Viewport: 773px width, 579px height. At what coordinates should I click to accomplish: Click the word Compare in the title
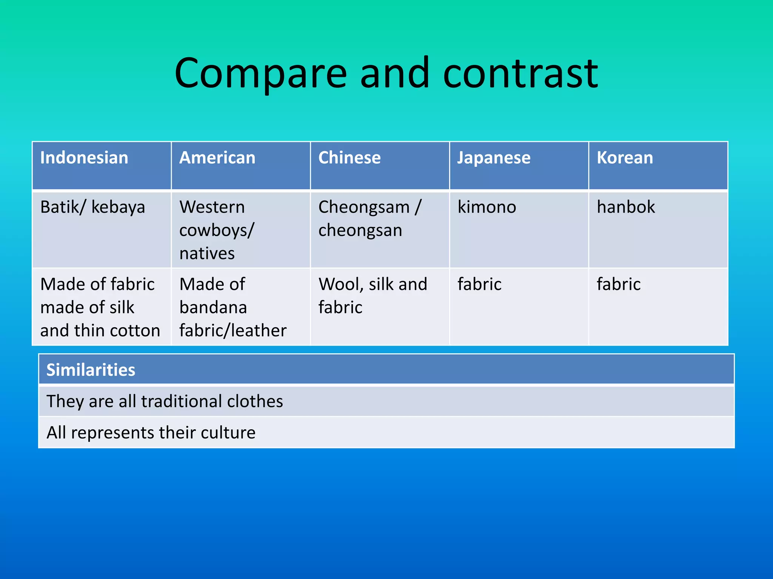point(260,74)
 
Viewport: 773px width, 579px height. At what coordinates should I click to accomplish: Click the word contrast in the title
point(520,74)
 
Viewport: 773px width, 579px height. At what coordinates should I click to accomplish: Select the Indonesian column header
point(84,158)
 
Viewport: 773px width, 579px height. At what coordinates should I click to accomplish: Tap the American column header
point(217,158)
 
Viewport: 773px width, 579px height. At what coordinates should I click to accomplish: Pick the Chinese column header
point(350,158)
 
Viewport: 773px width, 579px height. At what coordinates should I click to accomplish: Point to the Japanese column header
point(494,158)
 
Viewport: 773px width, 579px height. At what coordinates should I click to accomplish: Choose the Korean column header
point(625,158)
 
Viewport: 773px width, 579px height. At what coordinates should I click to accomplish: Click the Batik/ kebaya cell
point(93,207)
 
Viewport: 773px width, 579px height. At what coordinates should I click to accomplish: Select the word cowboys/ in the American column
point(217,230)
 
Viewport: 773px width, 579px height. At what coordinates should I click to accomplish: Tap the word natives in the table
point(207,253)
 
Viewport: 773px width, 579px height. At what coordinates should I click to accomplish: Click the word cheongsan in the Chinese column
point(360,230)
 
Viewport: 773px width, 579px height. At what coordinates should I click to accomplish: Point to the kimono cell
point(487,207)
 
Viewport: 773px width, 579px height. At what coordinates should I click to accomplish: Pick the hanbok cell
point(626,207)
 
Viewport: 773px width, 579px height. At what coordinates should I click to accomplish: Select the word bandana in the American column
point(213,307)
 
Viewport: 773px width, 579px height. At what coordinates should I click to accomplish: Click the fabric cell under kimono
point(479,284)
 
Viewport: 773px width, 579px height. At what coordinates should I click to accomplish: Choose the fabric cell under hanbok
point(619,284)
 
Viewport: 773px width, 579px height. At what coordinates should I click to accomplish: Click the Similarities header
point(91,370)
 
